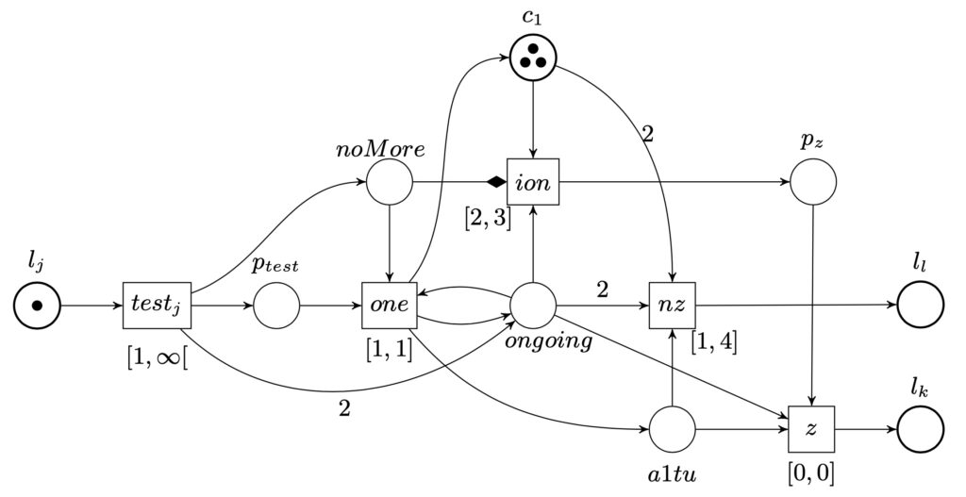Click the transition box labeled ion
pos(534,181)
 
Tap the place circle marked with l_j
pos(38,306)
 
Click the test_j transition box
pos(157,306)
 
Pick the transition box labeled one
pos(389,306)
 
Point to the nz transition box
pos(672,306)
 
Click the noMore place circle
pos(389,181)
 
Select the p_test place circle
pos(276,306)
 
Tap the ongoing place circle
pos(534,306)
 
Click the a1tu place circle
pos(672,431)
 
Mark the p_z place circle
pos(813,181)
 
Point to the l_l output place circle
pos(921,306)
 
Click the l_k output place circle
pos(921,431)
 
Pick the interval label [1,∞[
pos(157,357)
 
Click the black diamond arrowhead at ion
pos(494,181)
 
